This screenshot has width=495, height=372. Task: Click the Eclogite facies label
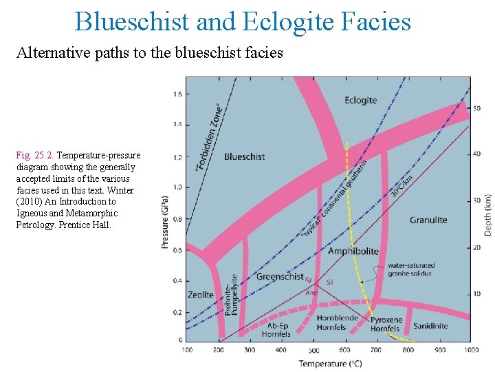361,100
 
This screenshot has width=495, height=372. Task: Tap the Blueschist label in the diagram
244,156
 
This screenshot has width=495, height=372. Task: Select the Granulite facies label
428,220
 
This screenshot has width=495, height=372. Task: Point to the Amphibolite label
353,251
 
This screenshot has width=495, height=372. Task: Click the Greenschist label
280,276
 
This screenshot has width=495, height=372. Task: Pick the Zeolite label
201,295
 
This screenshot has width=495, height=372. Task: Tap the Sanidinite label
430,326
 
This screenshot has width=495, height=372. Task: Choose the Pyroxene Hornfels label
385,324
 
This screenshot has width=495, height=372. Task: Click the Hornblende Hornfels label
338,322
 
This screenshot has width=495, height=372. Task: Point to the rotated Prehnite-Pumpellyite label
233,290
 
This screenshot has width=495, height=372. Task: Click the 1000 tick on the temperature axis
470,349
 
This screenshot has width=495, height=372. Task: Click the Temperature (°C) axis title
330,363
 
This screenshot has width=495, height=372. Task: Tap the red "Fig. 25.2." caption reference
35,155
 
